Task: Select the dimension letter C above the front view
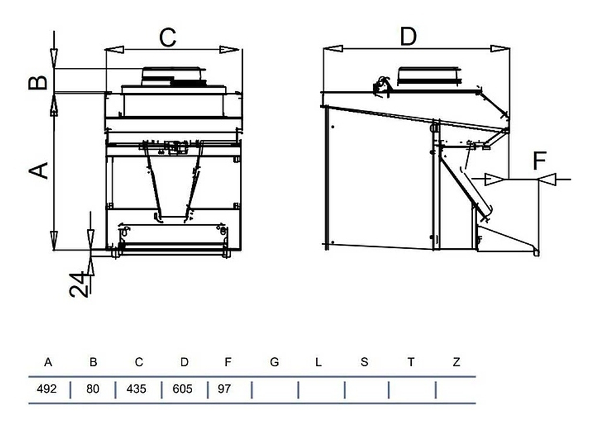168,37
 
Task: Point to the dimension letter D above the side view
408,36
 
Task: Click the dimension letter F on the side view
540,160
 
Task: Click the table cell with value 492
47,390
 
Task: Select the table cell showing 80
93,390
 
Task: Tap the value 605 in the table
183,390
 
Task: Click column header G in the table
274,362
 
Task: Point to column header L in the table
319,362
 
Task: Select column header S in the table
364,362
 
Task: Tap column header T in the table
411,362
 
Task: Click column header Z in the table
456,362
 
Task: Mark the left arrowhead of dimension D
331,48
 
